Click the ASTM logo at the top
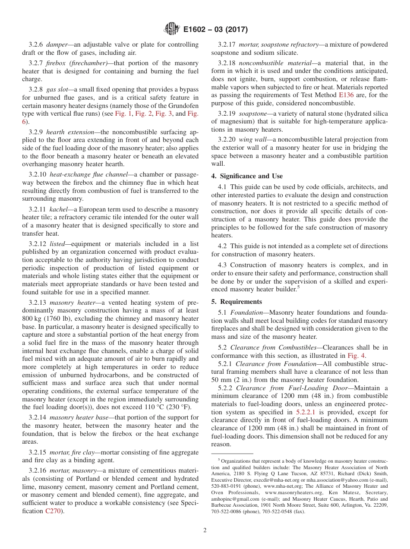click(x=172, y=29)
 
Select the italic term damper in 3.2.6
click(x=57, y=44)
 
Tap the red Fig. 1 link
click(x=123, y=114)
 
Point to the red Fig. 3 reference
click(x=164, y=114)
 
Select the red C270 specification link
click(x=53, y=511)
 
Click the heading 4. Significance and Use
click(x=247, y=176)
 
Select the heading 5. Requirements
click(x=237, y=302)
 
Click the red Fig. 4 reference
click(x=356, y=356)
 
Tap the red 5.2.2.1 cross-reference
click(x=306, y=412)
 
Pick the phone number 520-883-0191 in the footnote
click(x=226, y=486)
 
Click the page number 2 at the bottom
click(x=205, y=530)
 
